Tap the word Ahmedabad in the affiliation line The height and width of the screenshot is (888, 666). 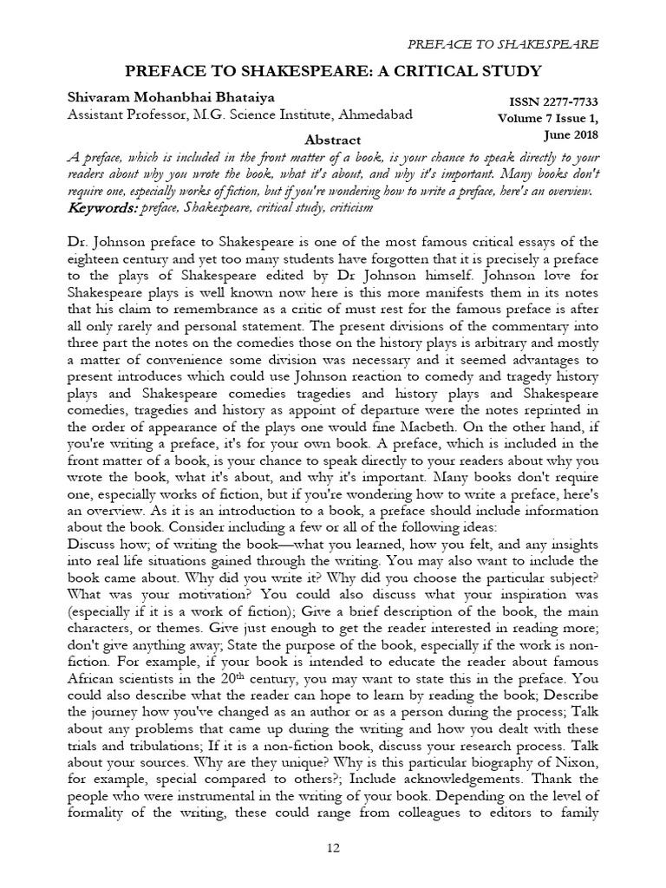(x=374, y=114)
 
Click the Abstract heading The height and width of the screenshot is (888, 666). (x=333, y=140)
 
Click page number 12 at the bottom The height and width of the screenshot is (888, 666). (x=333, y=848)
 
